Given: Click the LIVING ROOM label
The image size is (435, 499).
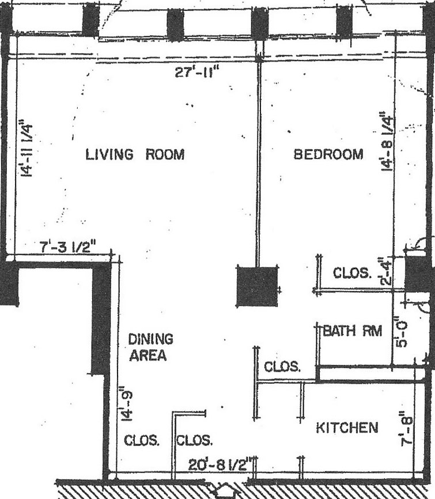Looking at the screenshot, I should point(135,154).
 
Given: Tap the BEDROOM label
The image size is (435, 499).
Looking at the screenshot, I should point(328,154).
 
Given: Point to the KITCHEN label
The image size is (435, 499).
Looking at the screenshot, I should point(347,428).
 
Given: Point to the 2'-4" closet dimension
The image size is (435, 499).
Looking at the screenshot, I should point(384,273).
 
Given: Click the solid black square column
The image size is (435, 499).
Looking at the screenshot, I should point(257,286).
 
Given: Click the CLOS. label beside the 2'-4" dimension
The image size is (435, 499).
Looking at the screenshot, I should point(352,273).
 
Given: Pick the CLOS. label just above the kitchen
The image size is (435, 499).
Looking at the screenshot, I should point(282,366).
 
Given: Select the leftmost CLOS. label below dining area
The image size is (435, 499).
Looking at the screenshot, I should point(142,441).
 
